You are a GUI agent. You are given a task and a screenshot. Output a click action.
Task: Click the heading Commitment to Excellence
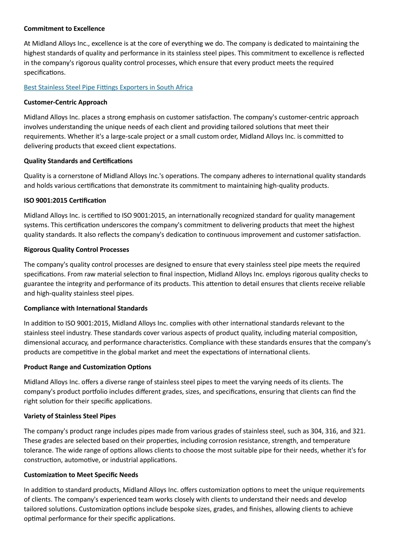pyautogui.click(x=64, y=29)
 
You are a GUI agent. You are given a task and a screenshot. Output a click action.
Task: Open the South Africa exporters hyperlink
pyautogui.click(x=108, y=87)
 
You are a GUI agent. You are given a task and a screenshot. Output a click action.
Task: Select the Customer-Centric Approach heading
pyautogui.click(x=66, y=102)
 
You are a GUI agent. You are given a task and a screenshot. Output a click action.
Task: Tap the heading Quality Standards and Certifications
pyautogui.click(x=78, y=161)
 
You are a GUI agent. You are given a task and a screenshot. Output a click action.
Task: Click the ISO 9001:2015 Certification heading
pyautogui.click(x=65, y=200)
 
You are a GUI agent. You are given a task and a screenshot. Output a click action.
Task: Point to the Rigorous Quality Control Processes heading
pyautogui.click(x=76, y=250)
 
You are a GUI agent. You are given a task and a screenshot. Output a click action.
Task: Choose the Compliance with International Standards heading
pyautogui.click(x=86, y=308)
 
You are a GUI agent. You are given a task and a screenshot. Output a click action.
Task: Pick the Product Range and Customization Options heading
pyautogui.click(x=88, y=367)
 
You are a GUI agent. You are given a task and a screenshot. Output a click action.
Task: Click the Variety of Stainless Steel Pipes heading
pyautogui.click(x=70, y=416)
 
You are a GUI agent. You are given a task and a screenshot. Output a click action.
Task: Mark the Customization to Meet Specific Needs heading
pyautogui.click(x=81, y=475)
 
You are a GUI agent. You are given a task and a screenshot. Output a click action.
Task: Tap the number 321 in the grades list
pyautogui.click(x=359, y=431)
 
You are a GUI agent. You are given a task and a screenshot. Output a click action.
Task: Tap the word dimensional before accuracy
pyautogui.click(x=42, y=343)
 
